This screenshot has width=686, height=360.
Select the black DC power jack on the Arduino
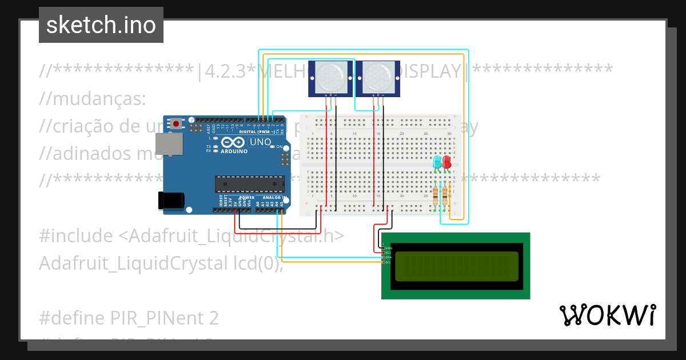[x=171, y=199]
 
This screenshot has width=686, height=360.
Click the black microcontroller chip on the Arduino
[x=249, y=184]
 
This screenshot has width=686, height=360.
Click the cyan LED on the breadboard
[x=437, y=162]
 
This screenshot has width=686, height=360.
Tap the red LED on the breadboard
[x=446, y=162]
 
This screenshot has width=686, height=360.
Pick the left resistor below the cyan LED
[x=436, y=194]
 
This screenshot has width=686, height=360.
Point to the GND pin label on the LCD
[x=388, y=247]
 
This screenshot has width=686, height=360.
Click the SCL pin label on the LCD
[x=388, y=262]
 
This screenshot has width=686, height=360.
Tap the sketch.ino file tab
[x=101, y=25]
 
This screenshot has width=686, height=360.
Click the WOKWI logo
[x=607, y=315]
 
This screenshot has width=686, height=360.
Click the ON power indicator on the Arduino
[x=280, y=147]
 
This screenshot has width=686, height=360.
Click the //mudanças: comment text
[x=93, y=98]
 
